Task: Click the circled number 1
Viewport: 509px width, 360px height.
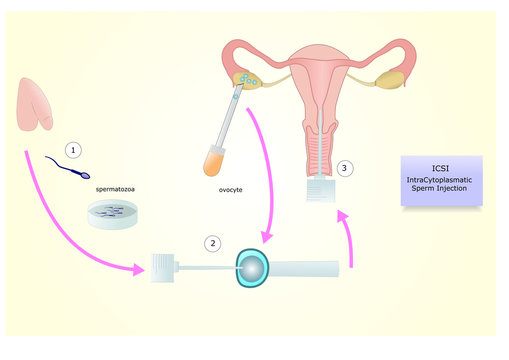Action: [73, 149]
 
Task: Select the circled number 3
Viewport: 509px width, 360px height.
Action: [345, 168]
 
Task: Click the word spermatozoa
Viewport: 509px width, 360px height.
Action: [116, 187]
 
